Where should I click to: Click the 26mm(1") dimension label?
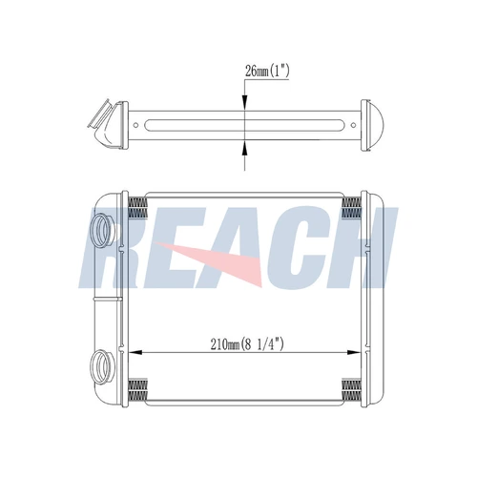pyautogui.click(x=267, y=72)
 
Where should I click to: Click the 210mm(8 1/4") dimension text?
pyautogui.click(x=247, y=344)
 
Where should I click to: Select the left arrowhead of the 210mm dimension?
pyautogui.click(x=135, y=352)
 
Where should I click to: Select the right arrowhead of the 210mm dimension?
pyautogui.click(x=354, y=352)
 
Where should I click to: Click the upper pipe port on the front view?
pyautogui.click(x=101, y=230)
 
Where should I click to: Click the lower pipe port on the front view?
pyautogui.click(x=101, y=366)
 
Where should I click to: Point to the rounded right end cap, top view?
pyautogui.click(x=373, y=125)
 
